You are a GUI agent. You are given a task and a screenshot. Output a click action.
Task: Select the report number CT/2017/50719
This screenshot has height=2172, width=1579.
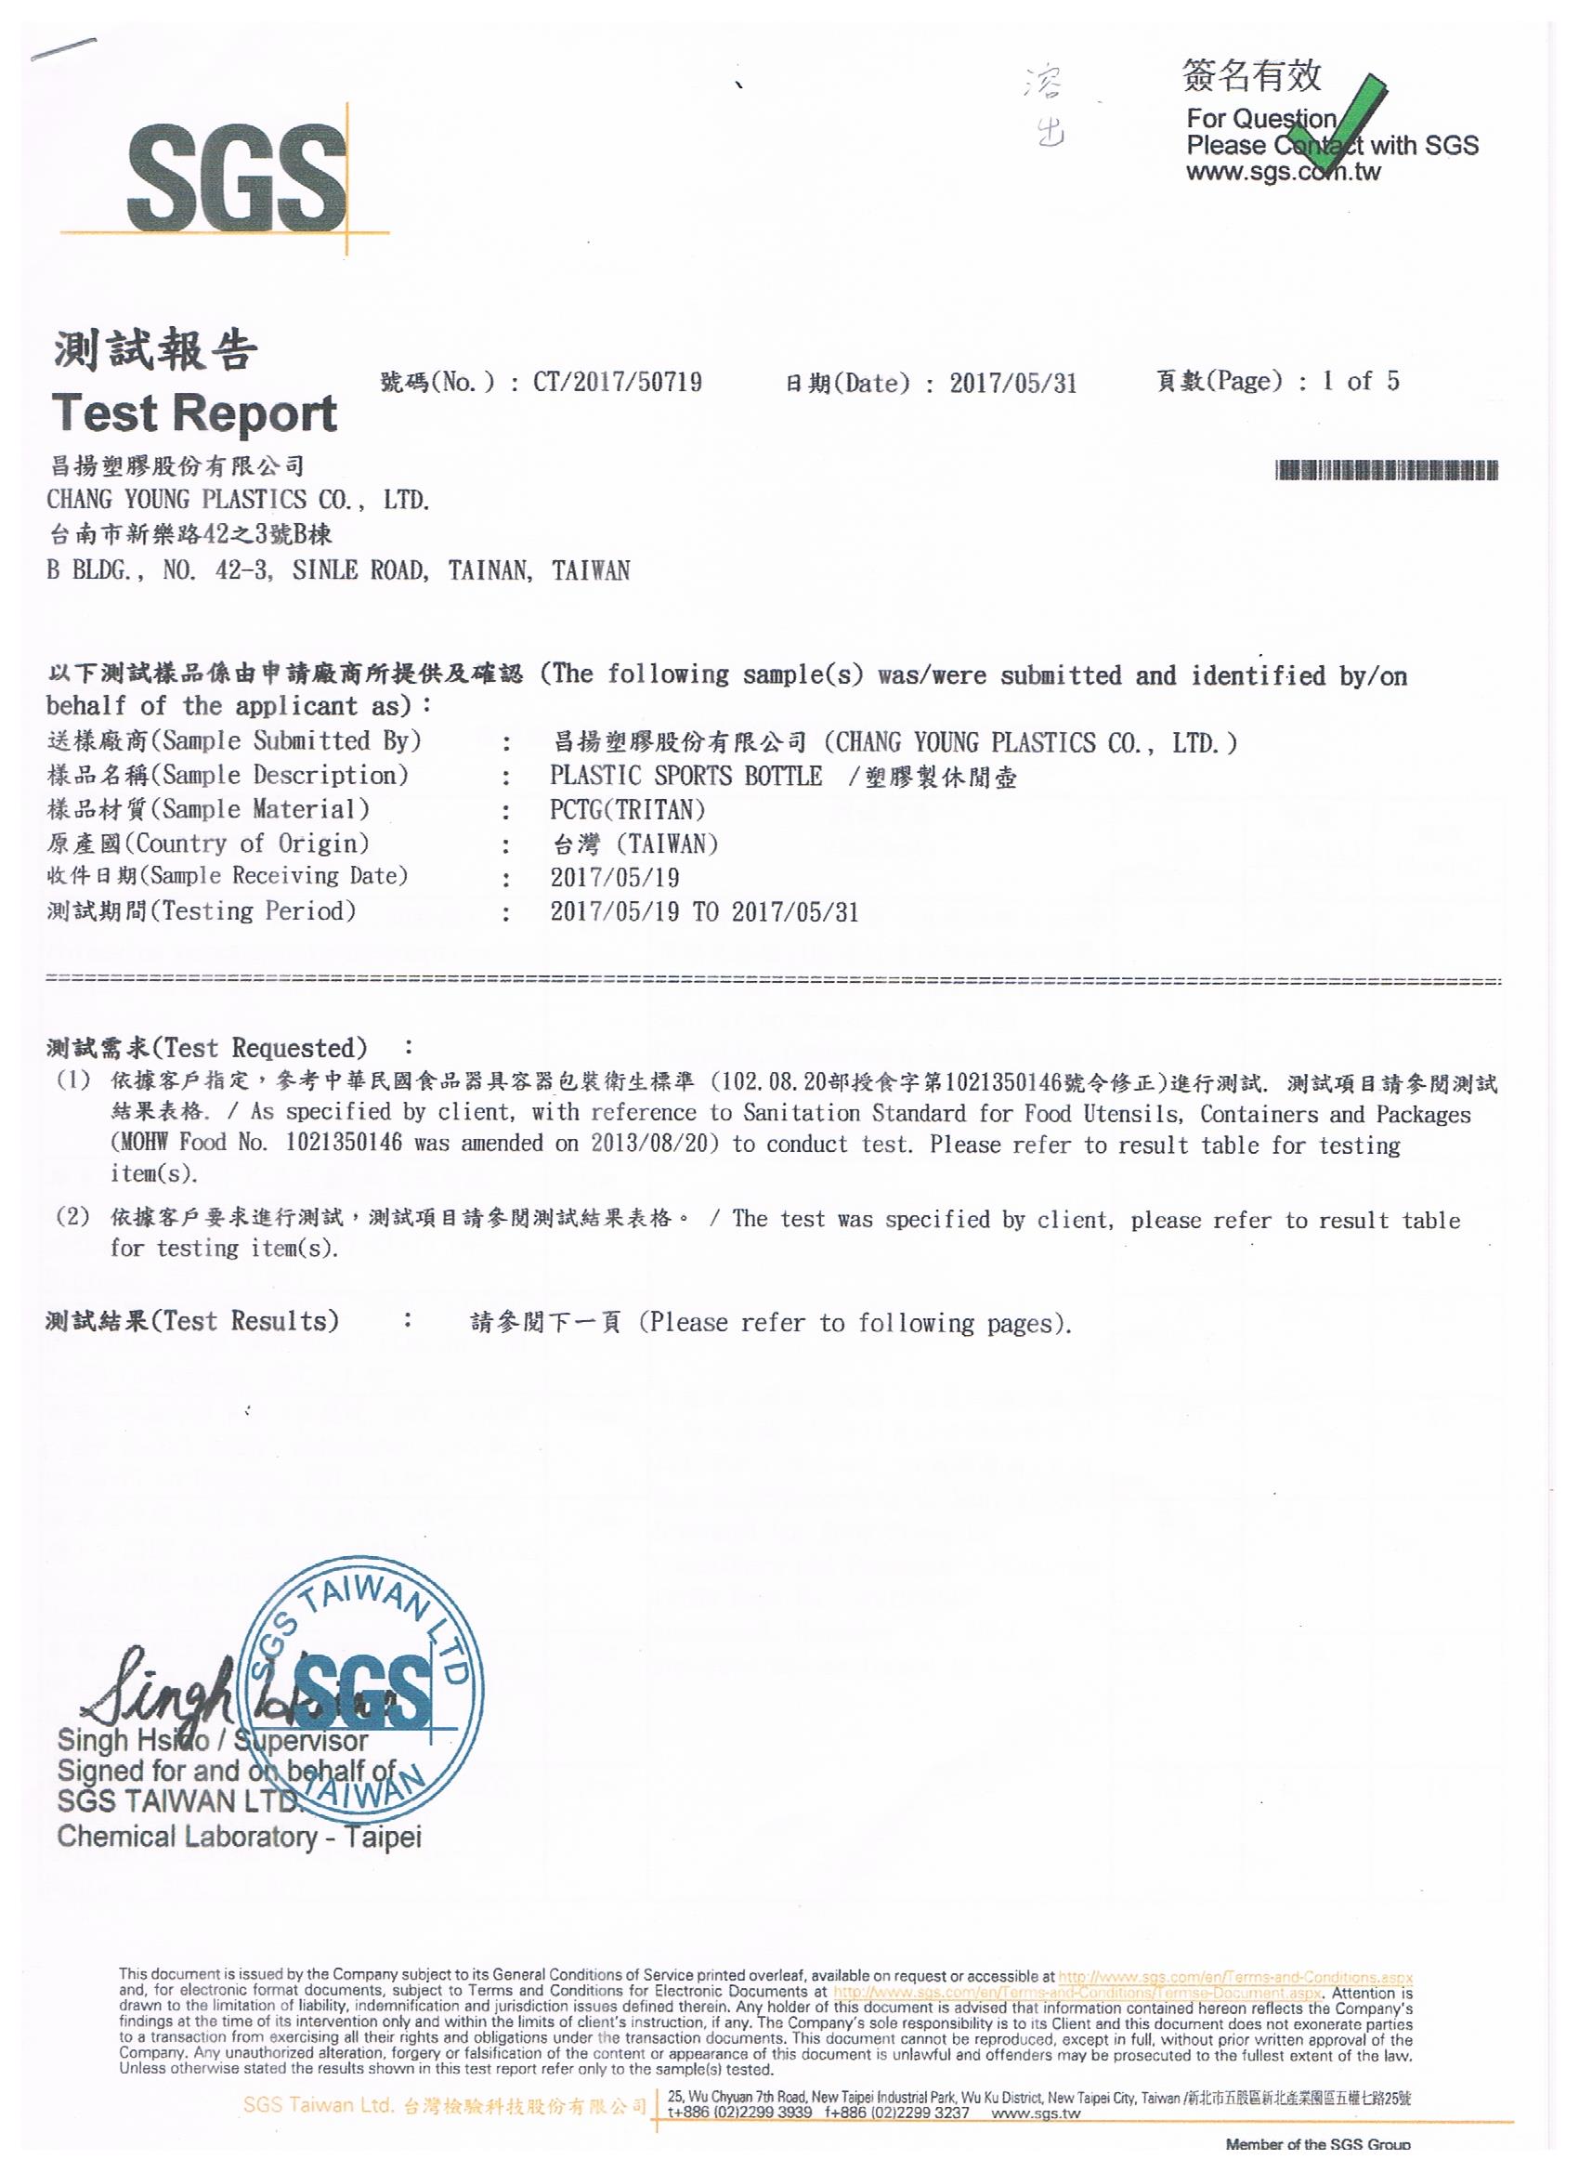(617, 383)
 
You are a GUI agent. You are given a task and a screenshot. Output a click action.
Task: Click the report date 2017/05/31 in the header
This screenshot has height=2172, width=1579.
(1013, 384)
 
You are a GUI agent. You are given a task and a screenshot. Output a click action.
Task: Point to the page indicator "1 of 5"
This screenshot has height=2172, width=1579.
(1360, 381)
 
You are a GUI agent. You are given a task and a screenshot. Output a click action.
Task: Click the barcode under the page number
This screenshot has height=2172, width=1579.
(1387, 470)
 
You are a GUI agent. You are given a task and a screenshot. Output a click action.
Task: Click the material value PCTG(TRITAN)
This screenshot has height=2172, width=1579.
(627, 810)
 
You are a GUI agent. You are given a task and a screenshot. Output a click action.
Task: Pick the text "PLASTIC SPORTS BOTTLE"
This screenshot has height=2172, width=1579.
(685, 776)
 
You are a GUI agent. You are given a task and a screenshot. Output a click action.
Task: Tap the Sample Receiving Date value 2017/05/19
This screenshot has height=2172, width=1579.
(615, 877)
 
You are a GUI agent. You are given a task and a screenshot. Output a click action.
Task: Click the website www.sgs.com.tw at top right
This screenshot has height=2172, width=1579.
(1283, 173)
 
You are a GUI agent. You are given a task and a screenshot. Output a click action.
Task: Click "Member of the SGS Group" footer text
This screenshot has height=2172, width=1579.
(1318, 2144)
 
